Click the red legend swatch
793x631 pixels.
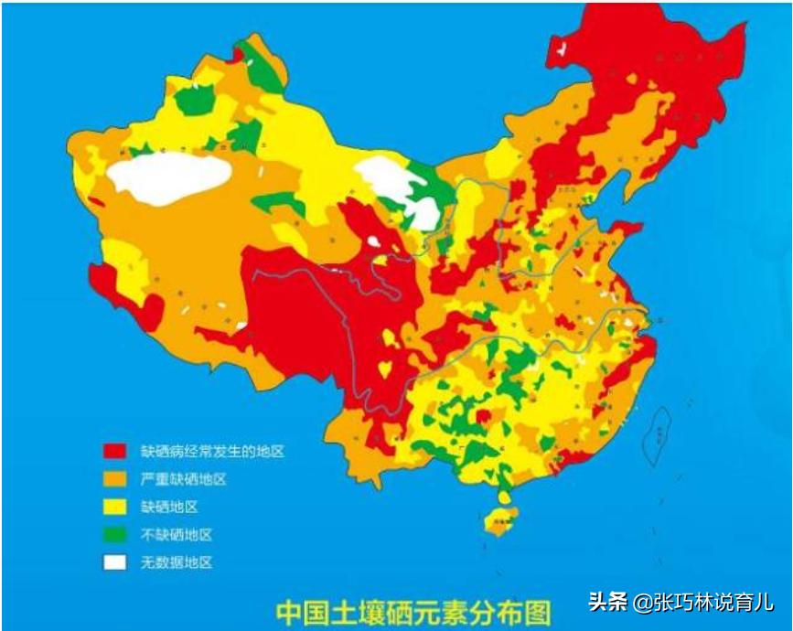114,451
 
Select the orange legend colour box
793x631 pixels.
114,479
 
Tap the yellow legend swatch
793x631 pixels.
114,507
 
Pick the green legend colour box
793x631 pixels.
114,534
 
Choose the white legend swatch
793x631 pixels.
114,562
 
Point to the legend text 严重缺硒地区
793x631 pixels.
183,479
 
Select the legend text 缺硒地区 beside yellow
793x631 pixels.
169,507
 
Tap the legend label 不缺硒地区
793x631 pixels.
176,534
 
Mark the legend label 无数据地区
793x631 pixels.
176,562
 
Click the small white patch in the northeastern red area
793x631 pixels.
564,49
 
